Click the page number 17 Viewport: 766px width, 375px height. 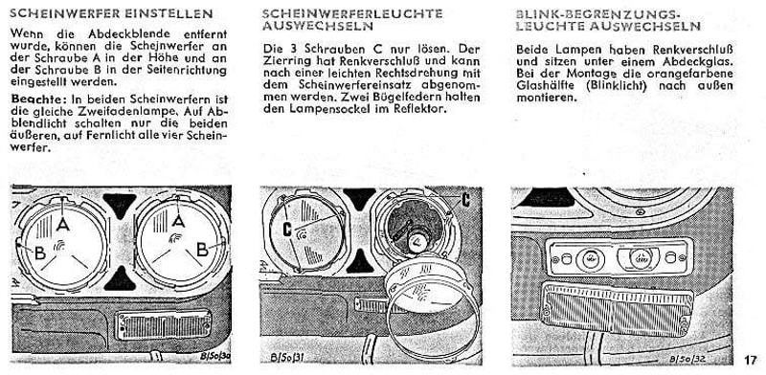point(751,361)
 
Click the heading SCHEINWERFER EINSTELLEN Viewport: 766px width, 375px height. point(111,13)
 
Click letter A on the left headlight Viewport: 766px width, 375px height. point(62,225)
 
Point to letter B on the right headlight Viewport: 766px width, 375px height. point(202,249)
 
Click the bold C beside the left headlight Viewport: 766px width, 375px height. point(287,230)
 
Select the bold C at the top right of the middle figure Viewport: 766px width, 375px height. point(465,200)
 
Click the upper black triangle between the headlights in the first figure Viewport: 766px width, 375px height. point(119,204)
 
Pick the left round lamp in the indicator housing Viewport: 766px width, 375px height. point(590,259)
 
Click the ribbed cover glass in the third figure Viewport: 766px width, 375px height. point(618,309)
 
